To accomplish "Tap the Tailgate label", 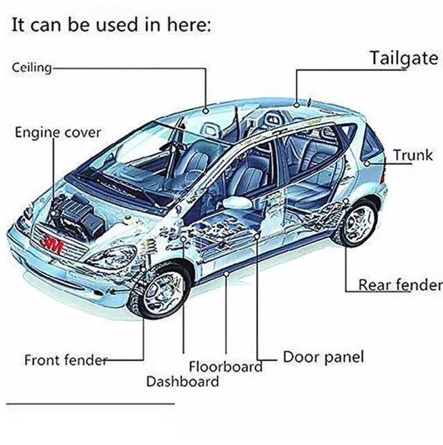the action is (404, 58).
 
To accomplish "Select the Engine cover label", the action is (58, 131).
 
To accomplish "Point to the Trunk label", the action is (413, 156).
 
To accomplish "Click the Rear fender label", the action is (399, 284).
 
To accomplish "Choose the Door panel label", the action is (323, 358).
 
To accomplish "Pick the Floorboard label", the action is (226, 367).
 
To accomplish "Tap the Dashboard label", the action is (182, 381).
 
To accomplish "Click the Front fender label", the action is (66, 360).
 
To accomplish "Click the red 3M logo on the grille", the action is (51, 243).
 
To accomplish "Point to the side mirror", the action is (237, 203).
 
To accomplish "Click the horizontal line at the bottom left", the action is (90, 403).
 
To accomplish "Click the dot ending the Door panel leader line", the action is (258, 236).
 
